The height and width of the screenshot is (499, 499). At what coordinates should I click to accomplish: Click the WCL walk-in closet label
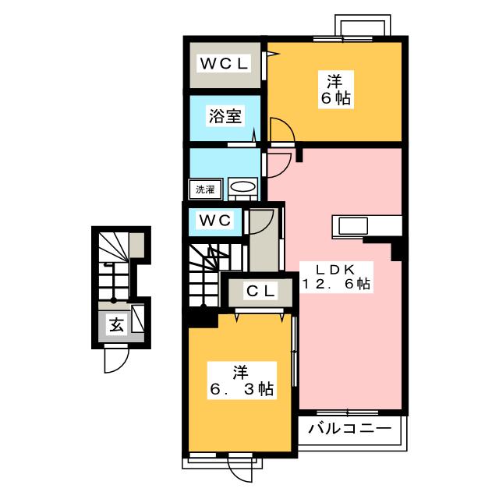pyautogui.click(x=224, y=64)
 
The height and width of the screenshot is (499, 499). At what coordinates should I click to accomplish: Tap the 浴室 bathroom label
pyautogui.click(x=225, y=116)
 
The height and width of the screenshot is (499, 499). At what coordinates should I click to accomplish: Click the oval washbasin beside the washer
pyautogui.click(x=242, y=187)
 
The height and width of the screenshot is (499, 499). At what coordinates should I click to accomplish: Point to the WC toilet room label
pyautogui.click(x=215, y=220)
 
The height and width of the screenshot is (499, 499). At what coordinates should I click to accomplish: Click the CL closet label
pyautogui.click(x=260, y=291)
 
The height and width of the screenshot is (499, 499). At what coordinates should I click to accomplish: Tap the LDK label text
pyautogui.click(x=335, y=270)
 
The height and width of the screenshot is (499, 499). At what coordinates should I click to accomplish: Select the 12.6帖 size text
pyautogui.click(x=336, y=284)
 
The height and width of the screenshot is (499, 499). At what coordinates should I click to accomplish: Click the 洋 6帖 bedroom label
pyautogui.click(x=336, y=90)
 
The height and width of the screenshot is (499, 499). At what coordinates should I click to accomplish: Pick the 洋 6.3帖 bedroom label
pyautogui.click(x=242, y=380)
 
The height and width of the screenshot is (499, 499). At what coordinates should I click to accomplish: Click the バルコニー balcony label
pyautogui.click(x=350, y=429)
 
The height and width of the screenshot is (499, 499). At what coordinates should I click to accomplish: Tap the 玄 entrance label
pyautogui.click(x=116, y=325)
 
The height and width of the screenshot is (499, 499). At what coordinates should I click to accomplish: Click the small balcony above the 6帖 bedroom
pyautogui.click(x=363, y=26)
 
